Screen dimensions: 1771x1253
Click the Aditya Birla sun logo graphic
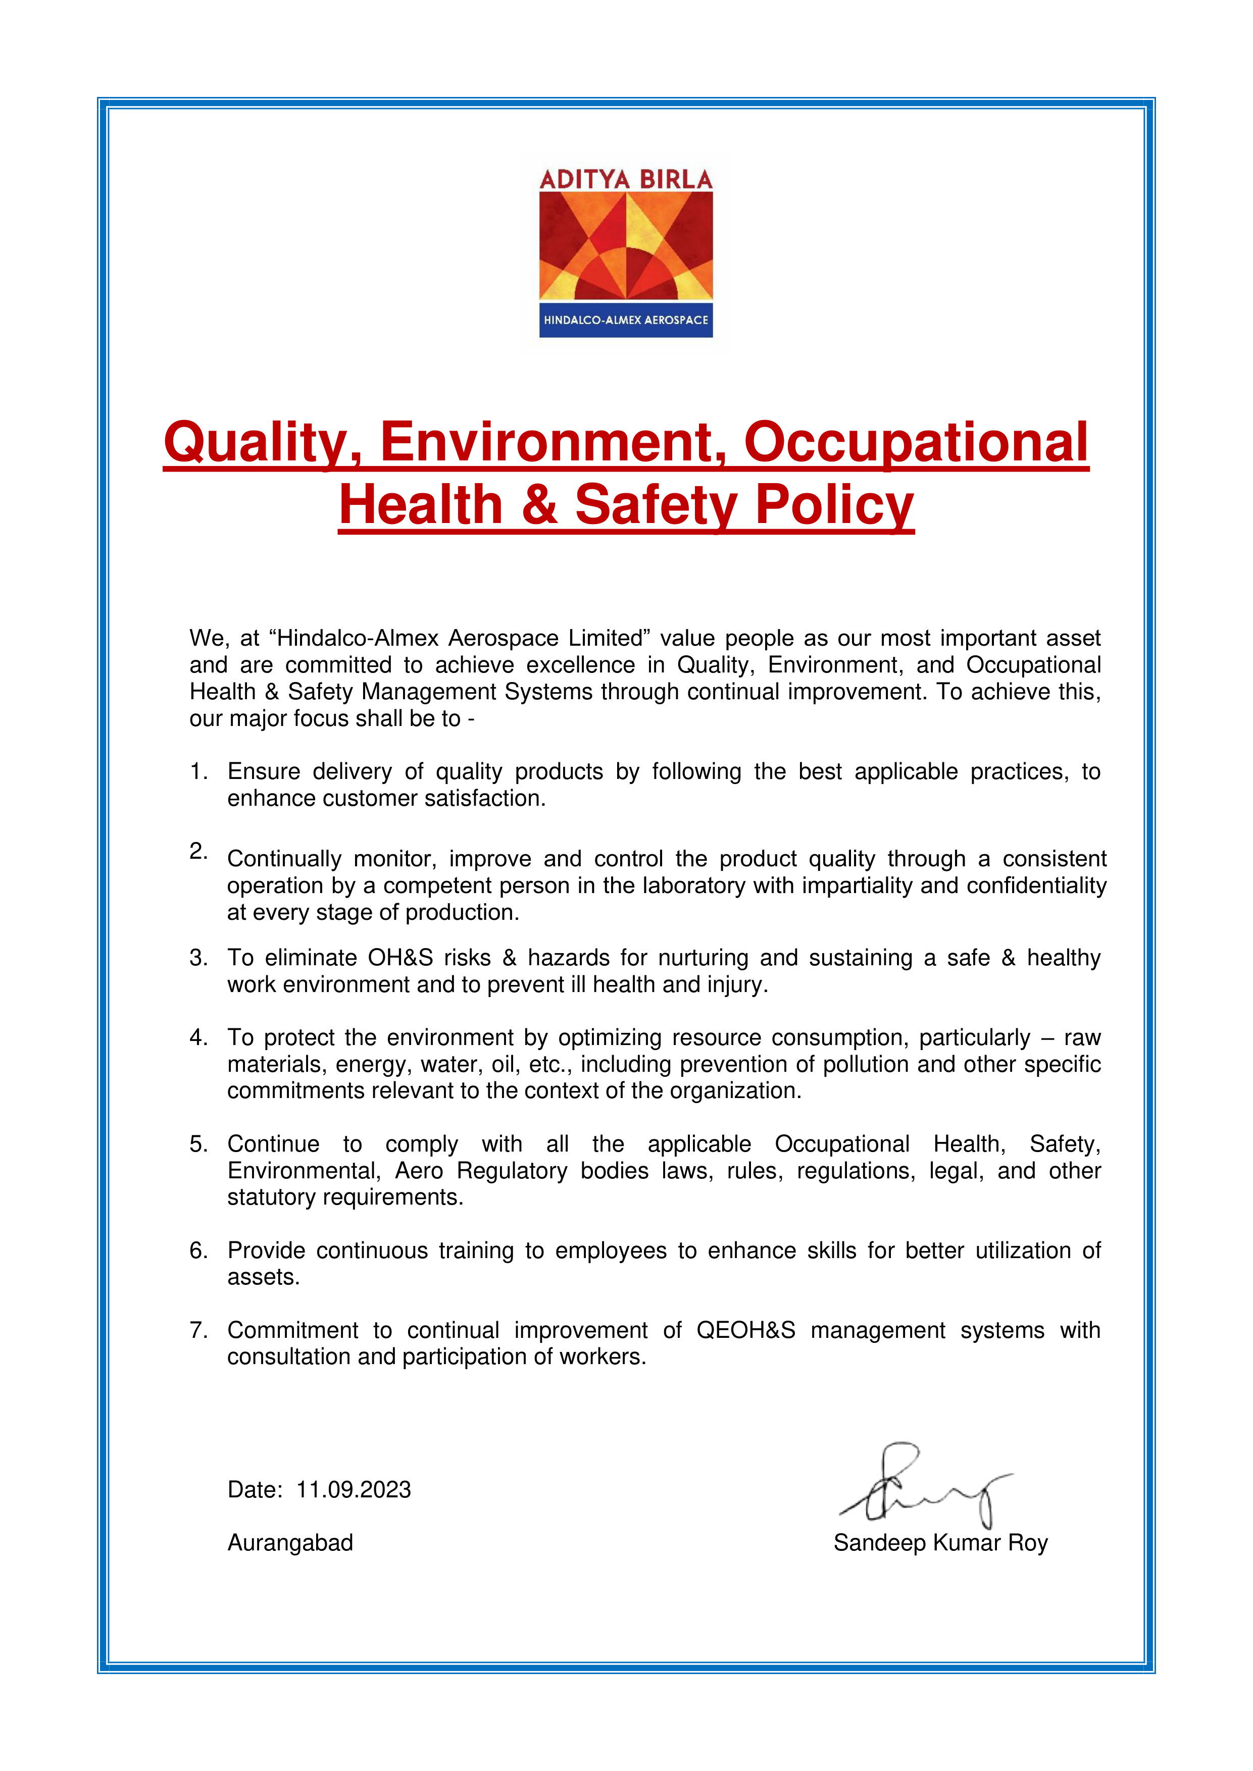pyautogui.click(x=626, y=246)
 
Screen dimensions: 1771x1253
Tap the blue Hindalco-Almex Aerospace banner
pyautogui.click(x=626, y=320)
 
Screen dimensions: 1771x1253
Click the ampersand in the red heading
pyautogui.click(x=539, y=505)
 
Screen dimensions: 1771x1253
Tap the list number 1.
pyautogui.click(x=197, y=771)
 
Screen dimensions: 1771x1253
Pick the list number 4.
pyautogui.click(x=197, y=1037)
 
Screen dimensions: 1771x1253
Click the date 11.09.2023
pyautogui.click(x=354, y=1489)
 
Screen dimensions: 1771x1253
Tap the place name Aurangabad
pyautogui.click(x=290, y=1543)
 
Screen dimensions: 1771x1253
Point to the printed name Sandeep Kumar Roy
pyautogui.click(x=940, y=1543)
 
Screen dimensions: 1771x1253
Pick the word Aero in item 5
pyautogui.click(x=419, y=1170)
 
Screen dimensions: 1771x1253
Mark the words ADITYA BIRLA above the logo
pyautogui.click(x=626, y=180)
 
